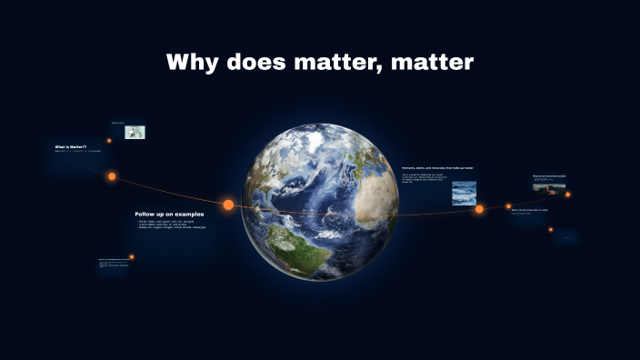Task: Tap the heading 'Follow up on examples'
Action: point(169,215)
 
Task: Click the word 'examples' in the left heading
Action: point(186,215)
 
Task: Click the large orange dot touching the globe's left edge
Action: point(228,205)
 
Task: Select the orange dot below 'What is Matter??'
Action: point(112,176)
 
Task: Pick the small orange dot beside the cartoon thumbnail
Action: point(109,140)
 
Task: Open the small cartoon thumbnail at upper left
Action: point(135,132)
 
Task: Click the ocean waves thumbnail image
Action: point(464,192)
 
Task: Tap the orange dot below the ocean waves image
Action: point(479,209)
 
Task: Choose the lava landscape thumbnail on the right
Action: point(549,187)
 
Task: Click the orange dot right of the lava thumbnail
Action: point(568,194)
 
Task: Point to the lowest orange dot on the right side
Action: point(551,229)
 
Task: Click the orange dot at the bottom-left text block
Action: point(132,257)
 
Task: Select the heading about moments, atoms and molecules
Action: point(437,168)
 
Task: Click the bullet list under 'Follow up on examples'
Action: point(171,225)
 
